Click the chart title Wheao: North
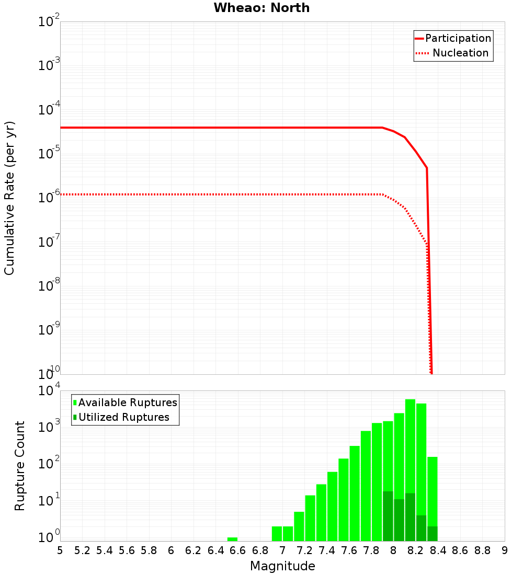(261, 8)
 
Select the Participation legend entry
(458, 38)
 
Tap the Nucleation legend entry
(460, 53)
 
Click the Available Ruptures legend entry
(128, 402)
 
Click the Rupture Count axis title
(20, 466)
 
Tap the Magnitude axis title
(282, 566)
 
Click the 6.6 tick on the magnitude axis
(238, 550)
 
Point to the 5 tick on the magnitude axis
(60, 550)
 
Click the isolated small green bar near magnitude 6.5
(232, 539)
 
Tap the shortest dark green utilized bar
(432, 534)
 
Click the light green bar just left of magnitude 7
(277, 534)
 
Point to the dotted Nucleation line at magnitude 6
(171, 194)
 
